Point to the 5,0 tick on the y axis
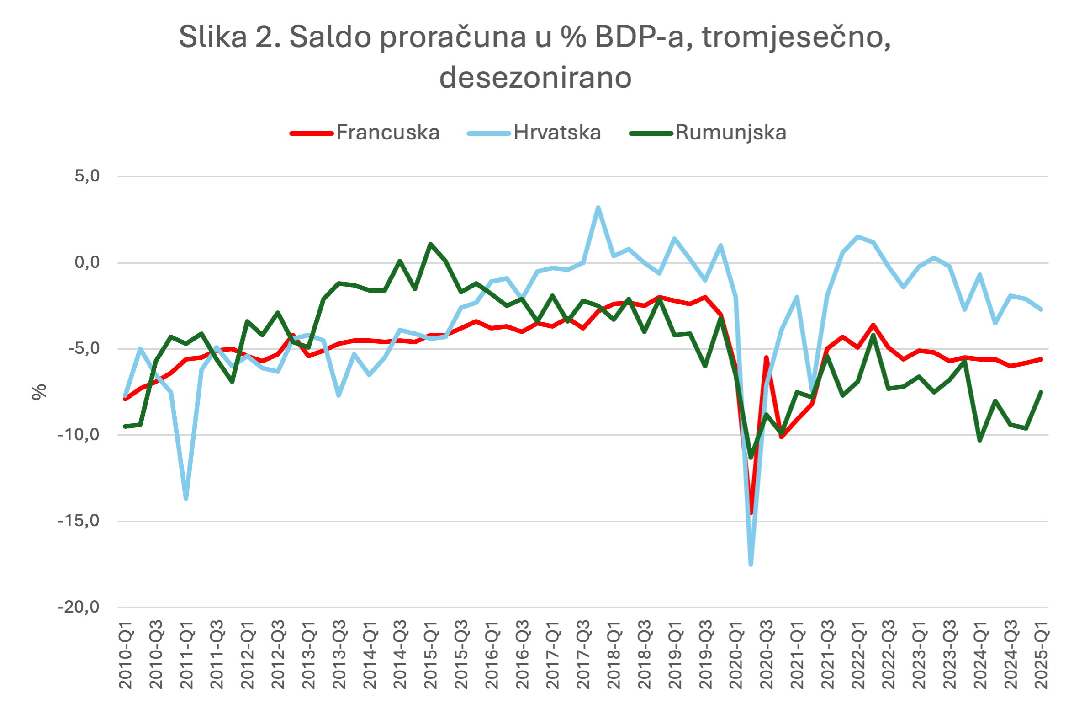[87, 176]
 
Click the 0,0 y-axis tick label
[87, 262]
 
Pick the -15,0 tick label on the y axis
[79, 521]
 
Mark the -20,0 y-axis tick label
[79, 607]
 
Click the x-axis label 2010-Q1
[125, 655]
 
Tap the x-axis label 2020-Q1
[736, 655]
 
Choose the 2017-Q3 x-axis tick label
[583, 655]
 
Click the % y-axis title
[39, 392]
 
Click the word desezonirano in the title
[535, 77]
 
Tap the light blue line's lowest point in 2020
[751, 565]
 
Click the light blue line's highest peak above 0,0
[598, 208]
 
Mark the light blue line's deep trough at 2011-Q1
[186, 498]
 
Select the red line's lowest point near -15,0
[751, 513]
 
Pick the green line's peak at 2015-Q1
[430, 244]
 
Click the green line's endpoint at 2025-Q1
[1041, 392]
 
